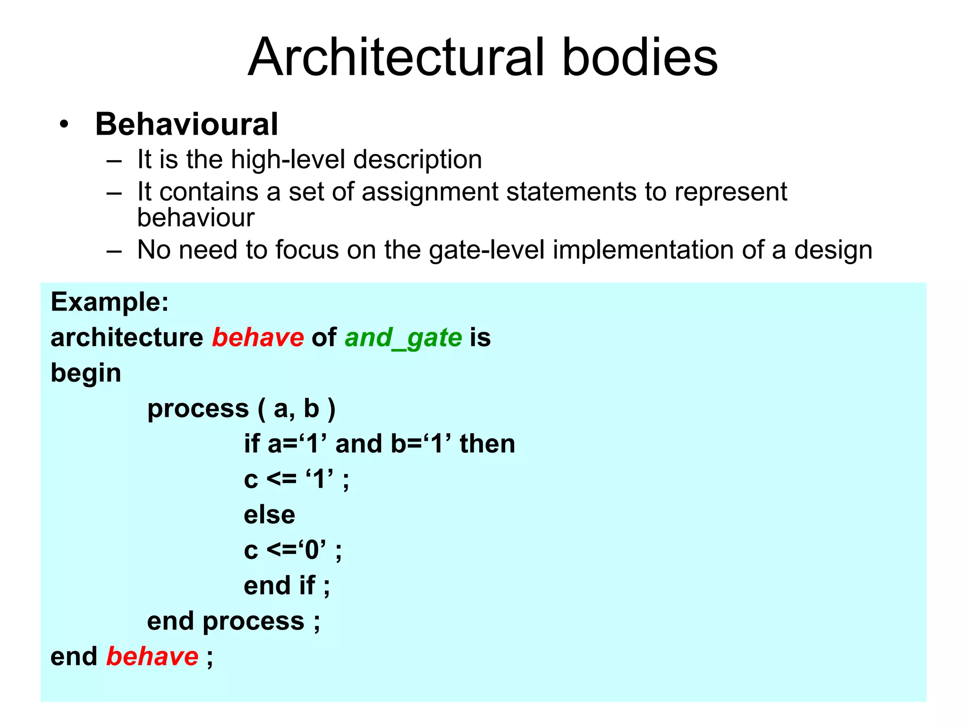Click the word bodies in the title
pos(640,58)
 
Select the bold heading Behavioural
pos(187,124)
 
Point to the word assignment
pos(430,192)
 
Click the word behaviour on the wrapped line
pos(195,218)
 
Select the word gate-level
pos(487,250)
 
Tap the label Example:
pos(110,302)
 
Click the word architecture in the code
pos(127,337)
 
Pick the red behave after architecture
pos(258,337)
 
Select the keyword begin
pos(86,373)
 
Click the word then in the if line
pos(487,444)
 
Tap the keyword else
pos(269,515)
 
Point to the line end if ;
pos(287,586)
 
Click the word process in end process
pos(253,621)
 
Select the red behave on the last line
pos(152,657)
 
